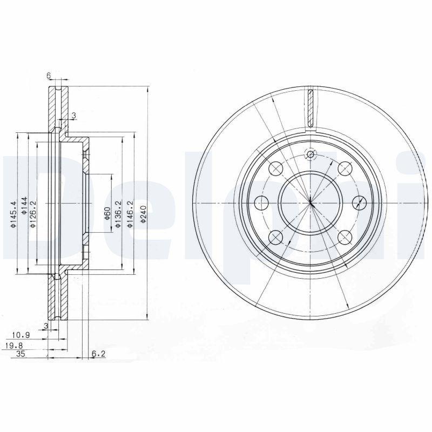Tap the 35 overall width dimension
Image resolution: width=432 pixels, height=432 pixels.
point(21,354)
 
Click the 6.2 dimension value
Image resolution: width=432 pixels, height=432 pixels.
point(98,354)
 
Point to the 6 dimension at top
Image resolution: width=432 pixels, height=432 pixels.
point(49,76)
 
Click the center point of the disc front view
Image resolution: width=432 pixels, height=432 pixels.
point(310,202)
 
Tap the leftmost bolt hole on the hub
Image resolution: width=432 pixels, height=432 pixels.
point(261,202)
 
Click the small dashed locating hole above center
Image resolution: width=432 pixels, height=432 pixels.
point(310,156)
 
